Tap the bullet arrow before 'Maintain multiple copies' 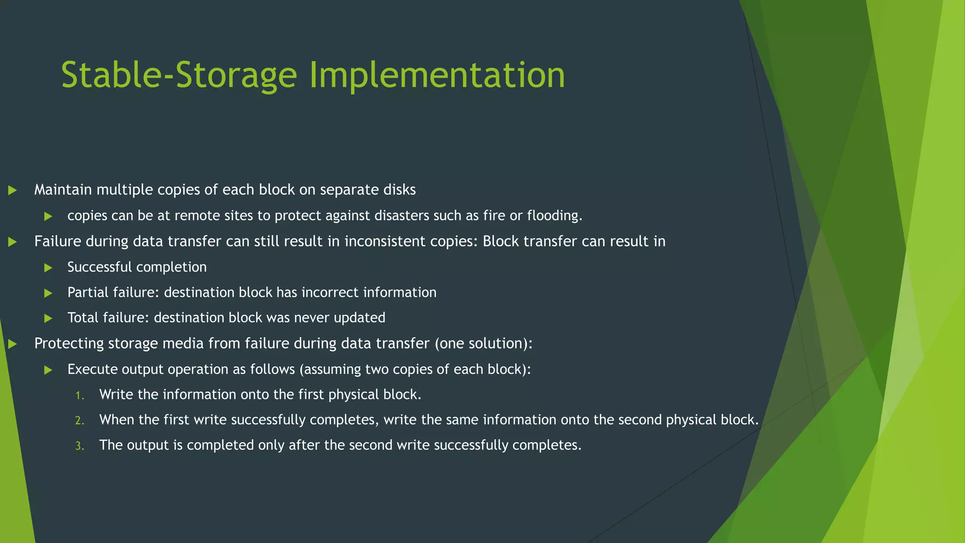tap(13, 190)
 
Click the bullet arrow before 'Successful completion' tap(48, 268)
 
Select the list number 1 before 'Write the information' tap(80, 395)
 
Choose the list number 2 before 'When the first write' tap(80, 420)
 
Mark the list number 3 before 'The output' tap(80, 446)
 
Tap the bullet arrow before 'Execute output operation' tap(48, 370)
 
